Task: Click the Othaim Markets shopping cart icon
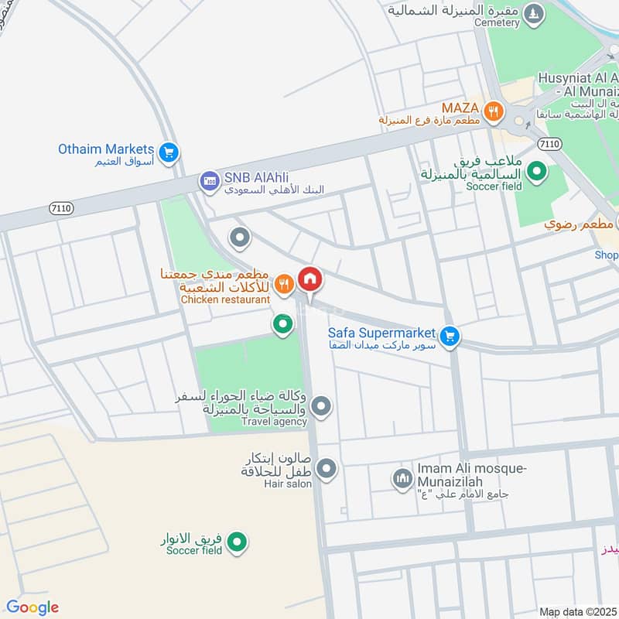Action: click(x=169, y=152)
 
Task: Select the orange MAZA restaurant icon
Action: click(x=493, y=112)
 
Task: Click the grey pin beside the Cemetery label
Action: click(x=532, y=13)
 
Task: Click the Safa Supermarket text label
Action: click(x=382, y=333)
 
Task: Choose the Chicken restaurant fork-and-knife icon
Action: click(x=284, y=284)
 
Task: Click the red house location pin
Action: click(x=310, y=279)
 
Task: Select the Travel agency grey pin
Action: click(x=322, y=405)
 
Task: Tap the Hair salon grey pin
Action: click(x=327, y=468)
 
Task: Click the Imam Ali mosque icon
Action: click(x=402, y=479)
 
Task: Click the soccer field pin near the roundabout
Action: click(x=535, y=171)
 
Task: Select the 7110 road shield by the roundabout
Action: click(x=549, y=144)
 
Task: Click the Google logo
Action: click(x=32, y=607)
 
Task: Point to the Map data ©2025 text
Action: click(x=578, y=611)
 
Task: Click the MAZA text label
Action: click(x=461, y=107)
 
